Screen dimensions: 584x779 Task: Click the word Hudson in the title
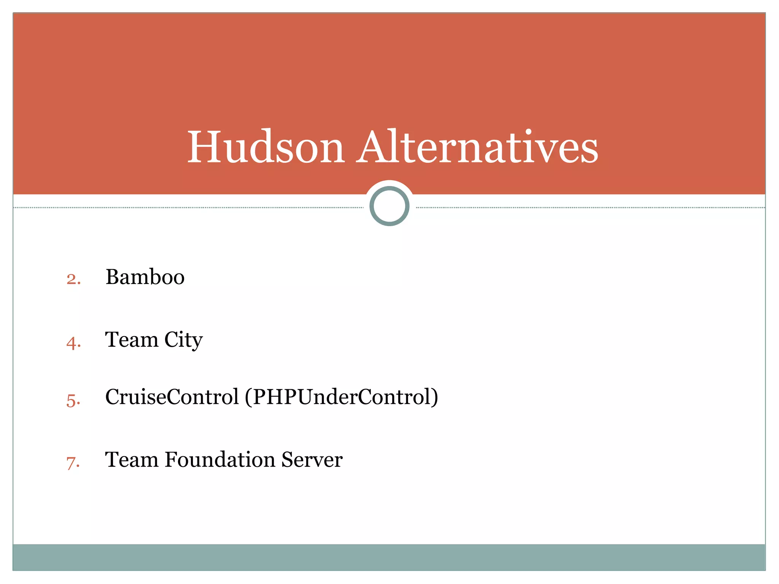click(266, 147)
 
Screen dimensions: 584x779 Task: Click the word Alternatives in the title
click(477, 147)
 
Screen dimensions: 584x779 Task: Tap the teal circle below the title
click(389, 206)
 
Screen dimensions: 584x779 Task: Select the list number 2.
click(73, 279)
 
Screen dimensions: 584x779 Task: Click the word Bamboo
click(145, 277)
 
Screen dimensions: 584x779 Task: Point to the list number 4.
click(73, 343)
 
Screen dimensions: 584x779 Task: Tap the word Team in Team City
click(132, 340)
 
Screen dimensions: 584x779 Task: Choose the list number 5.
click(73, 401)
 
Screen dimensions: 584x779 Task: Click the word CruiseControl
click(172, 397)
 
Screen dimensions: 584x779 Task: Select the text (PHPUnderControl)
click(341, 397)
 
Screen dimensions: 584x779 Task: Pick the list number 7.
click(73, 463)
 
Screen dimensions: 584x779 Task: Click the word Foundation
click(220, 460)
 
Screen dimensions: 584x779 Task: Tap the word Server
click(312, 460)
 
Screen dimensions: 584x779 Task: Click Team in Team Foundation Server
click(132, 460)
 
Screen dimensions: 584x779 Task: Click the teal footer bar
click(389, 557)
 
